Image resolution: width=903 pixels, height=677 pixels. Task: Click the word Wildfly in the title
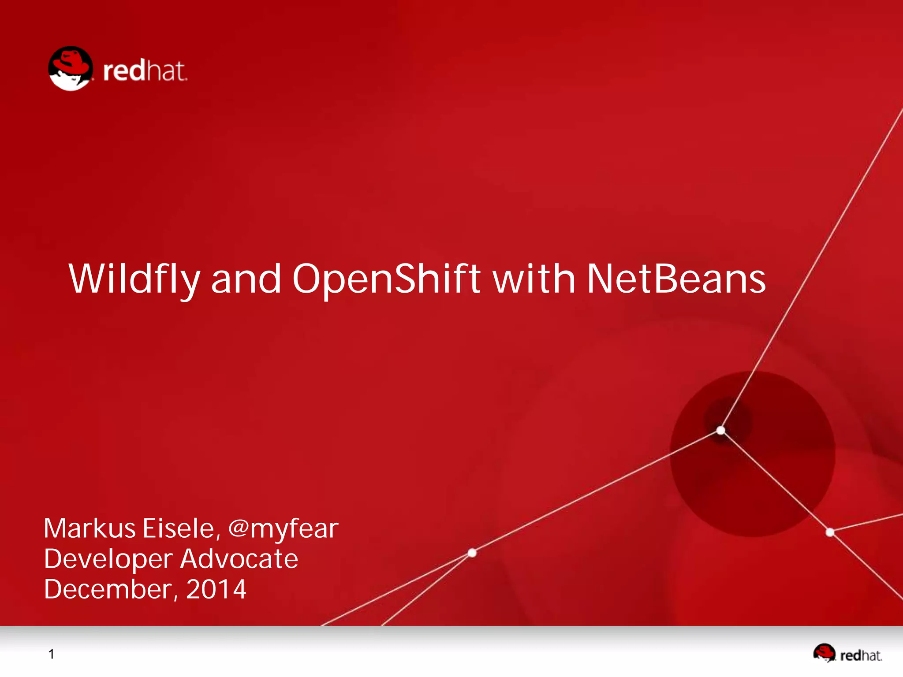(134, 279)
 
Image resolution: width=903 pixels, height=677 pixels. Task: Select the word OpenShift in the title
(386, 279)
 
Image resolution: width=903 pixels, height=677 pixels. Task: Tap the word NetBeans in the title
(676, 279)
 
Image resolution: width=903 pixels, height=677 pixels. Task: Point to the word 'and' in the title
(246, 279)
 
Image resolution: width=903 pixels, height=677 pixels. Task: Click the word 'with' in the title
(534, 279)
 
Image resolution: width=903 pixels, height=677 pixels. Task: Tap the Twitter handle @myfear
(283, 529)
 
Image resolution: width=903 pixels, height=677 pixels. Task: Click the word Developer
(108, 559)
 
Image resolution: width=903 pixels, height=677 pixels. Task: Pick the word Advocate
(239, 559)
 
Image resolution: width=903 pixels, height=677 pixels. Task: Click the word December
(110, 589)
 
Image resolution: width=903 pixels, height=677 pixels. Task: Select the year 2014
(216, 589)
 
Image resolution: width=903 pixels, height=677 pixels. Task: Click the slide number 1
(52, 654)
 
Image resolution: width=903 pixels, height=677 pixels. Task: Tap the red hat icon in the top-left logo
(71, 68)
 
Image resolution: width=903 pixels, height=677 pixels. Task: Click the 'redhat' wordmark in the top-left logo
(145, 71)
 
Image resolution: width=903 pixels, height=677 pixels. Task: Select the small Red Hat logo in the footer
(847, 653)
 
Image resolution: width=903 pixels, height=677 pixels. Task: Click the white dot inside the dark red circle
(721, 430)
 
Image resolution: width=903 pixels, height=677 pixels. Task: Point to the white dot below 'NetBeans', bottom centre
(472, 553)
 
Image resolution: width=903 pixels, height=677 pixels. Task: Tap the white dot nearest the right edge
(830, 532)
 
